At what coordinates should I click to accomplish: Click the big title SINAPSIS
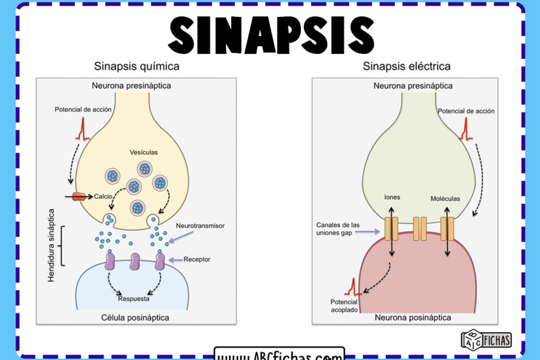pos(271,34)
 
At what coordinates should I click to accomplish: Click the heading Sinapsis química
pos(136,66)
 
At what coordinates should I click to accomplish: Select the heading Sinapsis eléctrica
pos(406,66)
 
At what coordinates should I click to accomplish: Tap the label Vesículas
pos(143,152)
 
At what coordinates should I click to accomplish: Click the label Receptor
pos(197,259)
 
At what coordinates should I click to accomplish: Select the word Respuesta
pos(134,299)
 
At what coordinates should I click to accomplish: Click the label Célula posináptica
pos(135,318)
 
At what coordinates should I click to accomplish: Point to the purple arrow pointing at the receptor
pos(174,260)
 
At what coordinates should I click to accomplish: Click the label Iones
pos(392,197)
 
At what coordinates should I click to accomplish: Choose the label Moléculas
pos(445,199)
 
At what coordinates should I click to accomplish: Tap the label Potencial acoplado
pos(344,306)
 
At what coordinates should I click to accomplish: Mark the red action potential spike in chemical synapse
pos(81,129)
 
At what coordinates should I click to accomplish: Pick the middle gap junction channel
pos(419,228)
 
